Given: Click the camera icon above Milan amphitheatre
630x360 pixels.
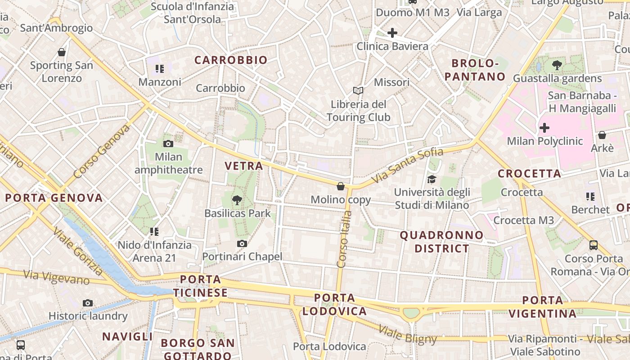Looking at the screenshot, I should pos(168,144).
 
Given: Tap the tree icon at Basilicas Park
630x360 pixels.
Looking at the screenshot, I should pos(237,200).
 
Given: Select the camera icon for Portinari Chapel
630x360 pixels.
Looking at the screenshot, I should pos(242,243).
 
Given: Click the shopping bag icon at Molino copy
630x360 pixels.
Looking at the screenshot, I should pos(341,186).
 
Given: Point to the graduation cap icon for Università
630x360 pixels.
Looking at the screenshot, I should pos(432,179).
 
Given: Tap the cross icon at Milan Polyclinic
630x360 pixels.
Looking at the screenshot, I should pos(544,128).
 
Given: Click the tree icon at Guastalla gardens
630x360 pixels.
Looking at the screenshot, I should pos(557,65).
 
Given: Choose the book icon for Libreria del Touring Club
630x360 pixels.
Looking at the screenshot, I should pos(358,91).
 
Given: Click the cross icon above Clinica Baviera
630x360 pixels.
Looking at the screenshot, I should pos(392,33).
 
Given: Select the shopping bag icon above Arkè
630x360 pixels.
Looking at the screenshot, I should pos(602,135).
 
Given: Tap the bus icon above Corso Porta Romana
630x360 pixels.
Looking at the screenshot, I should pos(594,245).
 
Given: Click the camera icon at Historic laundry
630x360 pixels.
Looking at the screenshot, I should pos(88,303).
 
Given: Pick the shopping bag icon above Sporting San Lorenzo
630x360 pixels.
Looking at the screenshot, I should pos(62,52).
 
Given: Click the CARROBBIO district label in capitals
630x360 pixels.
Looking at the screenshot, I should pos(231,60).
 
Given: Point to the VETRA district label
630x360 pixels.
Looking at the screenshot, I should pos(244,166).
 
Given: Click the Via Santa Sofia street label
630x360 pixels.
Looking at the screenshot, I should pos(407,165).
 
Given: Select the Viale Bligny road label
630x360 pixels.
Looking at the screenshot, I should pos(407,334).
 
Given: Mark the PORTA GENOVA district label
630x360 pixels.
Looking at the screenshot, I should pos(54,198).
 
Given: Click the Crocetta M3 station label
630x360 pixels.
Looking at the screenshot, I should pos(524,220).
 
